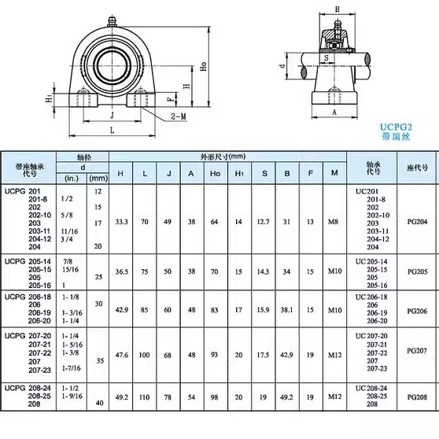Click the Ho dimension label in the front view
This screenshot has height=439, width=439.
204,66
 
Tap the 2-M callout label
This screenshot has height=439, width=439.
179,116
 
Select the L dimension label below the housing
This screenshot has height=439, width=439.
113,130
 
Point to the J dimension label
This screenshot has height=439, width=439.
112,115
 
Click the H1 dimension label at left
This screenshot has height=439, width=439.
50,98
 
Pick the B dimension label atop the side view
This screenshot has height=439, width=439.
338,9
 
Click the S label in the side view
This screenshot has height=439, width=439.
326,58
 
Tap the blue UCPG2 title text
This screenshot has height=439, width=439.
396,127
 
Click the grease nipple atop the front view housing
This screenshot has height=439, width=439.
112,21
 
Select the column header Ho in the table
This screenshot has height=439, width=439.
215,174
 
